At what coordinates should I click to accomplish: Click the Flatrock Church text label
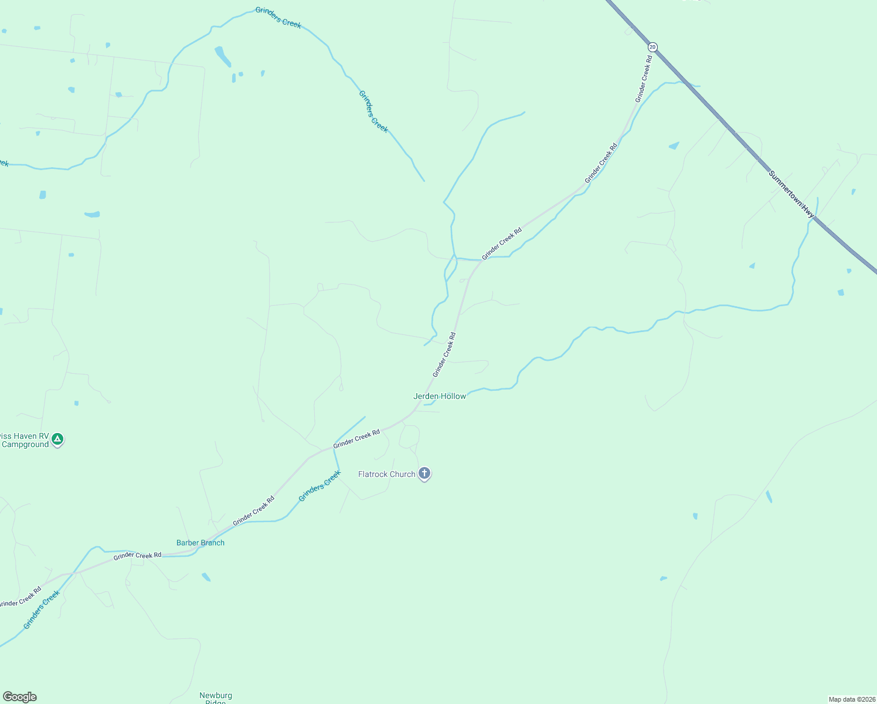[x=386, y=474]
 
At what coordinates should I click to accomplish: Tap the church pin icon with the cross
[x=424, y=473]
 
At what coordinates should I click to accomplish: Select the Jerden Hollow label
[x=440, y=396]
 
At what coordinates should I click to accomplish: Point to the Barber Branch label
[x=200, y=543]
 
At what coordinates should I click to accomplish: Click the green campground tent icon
[x=57, y=438]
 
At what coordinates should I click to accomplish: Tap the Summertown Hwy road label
[x=791, y=195]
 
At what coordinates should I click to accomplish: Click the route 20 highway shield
[x=653, y=46]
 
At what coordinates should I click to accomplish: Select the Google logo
[x=19, y=697]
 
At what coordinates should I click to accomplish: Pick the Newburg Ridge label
[x=216, y=699]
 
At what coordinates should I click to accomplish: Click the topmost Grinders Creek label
[x=278, y=18]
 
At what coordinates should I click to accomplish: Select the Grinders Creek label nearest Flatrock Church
[x=319, y=486]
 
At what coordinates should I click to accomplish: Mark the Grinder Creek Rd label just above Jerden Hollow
[x=444, y=355]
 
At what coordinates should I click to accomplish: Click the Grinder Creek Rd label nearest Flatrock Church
[x=356, y=439]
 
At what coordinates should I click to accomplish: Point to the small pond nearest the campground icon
[x=76, y=403]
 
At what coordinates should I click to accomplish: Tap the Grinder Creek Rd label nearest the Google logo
[x=21, y=597]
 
